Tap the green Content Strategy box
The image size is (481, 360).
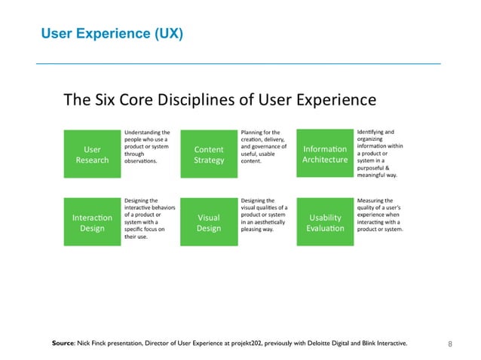click(x=209, y=154)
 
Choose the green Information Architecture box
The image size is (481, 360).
click(x=325, y=154)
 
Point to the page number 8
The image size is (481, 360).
click(x=450, y=344)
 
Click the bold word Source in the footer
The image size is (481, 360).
click(x=63, y=344)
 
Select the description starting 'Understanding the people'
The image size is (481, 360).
click(x=147, y=147)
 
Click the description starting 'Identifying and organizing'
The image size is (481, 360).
click(x=382, y=153)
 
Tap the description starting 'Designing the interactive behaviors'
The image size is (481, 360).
click(x=147, y=218)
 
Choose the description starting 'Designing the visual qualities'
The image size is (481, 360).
click(x=263, y=215)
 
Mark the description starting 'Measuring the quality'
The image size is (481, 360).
click(x=382, y=215)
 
